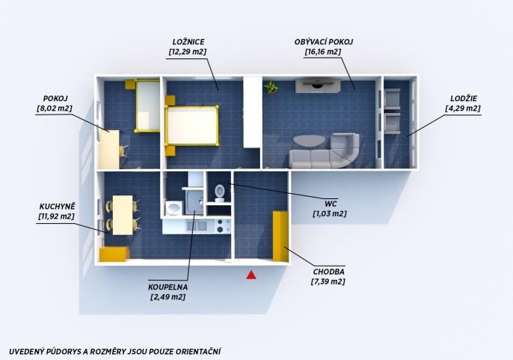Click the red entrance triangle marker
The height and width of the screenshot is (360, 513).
click(x=251, y=275)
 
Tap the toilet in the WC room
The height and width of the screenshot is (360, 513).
click(x=220, y=193)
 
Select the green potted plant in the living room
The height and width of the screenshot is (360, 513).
click(x=271, y=88)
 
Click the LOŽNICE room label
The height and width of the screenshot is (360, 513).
click(x=188, y=42)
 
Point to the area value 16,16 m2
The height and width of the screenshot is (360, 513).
click(x=323, y=52)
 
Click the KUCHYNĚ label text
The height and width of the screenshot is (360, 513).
click(x=58, y=207)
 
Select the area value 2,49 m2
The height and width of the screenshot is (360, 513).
click(x=168, y=297)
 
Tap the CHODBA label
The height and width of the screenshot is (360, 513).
click(x=328, y=272)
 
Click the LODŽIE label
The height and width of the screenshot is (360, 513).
click(x=464, y=98)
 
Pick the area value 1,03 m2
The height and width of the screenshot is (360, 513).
click(x=330, y=214)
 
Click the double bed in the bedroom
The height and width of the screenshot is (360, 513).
click(x=192, y=125)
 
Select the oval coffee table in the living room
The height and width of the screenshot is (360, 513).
click(x=309, y=141)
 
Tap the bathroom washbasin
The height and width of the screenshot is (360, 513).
click(x=173, y=208)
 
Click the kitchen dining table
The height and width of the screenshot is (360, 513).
click(x=123, y=215)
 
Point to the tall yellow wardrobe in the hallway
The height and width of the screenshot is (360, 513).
click(x=280, y=237)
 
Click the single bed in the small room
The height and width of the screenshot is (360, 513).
click(x=147, y=106)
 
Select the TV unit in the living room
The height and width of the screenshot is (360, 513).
click(x=318, y=85)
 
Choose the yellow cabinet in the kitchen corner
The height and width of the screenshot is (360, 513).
click(x=114, y=254)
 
